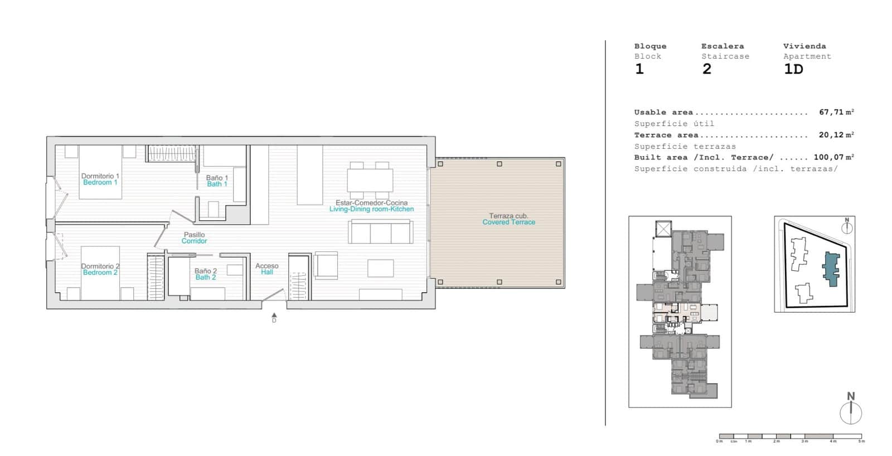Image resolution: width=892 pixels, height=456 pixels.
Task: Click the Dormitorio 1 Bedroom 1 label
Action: point(100,179)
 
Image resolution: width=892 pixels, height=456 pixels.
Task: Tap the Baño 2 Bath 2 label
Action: point(206,274)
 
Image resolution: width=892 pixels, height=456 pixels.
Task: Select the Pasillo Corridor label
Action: point(194,238)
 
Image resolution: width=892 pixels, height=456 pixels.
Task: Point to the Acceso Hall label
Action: point(267,269)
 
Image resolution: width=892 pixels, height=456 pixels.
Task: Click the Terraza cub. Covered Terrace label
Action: point(508,219)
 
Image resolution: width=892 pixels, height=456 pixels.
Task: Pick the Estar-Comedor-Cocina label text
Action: point(371,203)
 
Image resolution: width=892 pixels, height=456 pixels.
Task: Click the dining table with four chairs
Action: point(370,180)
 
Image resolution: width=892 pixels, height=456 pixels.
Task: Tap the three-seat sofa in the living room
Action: point(381,232)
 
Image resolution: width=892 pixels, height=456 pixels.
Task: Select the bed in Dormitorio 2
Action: point(100,273)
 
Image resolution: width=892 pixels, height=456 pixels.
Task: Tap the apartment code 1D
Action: point(793,69)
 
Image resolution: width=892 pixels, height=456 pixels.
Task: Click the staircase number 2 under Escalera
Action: point(706,69)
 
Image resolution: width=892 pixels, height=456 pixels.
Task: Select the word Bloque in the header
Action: point(650,46)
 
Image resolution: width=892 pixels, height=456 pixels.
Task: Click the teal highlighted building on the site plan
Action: point(831,268)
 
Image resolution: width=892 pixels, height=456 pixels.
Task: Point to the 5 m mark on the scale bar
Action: point(861,438)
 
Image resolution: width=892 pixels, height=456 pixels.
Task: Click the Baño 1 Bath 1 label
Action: point(217,181)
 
